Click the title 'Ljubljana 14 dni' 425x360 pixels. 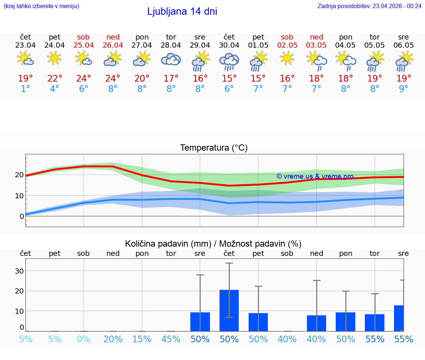182,11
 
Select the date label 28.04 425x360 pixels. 171,45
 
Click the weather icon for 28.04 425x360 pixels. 171,59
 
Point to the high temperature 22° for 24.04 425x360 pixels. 55,78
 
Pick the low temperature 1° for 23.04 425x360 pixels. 25,89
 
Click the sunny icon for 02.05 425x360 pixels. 287,58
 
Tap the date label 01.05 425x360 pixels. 258,45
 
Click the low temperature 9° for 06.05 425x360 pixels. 404,89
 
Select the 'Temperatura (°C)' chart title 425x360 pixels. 214,148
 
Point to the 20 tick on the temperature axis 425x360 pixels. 19,175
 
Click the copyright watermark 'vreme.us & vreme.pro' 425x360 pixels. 315,176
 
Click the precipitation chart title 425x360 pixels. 213,244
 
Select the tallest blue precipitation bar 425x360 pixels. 229,310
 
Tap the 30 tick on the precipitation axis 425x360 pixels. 19,271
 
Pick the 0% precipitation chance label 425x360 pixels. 84,339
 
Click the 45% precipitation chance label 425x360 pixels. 171,339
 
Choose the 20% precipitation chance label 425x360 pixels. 113,339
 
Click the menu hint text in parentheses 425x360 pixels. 41,6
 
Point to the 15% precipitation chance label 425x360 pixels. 142,339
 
